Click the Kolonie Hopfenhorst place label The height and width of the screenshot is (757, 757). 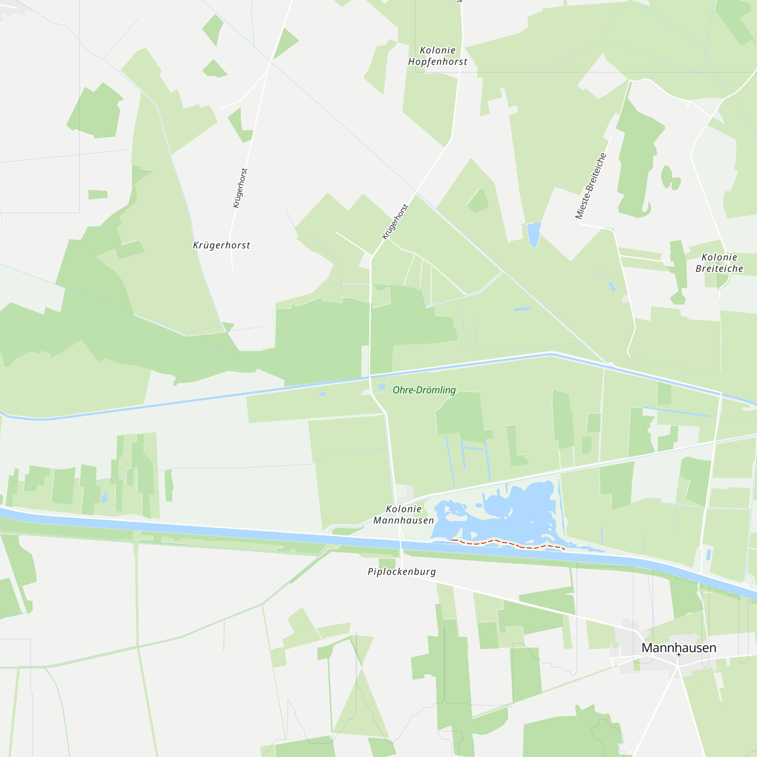438,56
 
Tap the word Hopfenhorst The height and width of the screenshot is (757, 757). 438,62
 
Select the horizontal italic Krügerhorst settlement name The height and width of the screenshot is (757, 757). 221,245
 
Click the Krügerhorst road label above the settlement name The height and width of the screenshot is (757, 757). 240,188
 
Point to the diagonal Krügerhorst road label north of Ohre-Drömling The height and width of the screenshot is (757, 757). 395,222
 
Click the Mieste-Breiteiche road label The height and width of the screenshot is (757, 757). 591,186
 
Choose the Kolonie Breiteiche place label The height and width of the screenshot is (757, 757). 719,263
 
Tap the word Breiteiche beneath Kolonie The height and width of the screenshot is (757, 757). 719,269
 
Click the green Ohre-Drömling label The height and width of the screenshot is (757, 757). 424,390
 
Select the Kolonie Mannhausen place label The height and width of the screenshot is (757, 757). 403,514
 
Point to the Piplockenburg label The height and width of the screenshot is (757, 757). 402,572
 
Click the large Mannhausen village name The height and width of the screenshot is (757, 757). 679,648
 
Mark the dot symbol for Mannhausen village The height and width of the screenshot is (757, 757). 679,655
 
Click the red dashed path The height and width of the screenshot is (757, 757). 509,544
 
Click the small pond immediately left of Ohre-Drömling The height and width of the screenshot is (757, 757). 382,387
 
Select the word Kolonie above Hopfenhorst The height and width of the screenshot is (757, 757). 438,51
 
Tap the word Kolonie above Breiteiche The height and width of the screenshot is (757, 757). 719,257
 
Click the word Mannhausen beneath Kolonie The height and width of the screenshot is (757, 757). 403,520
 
